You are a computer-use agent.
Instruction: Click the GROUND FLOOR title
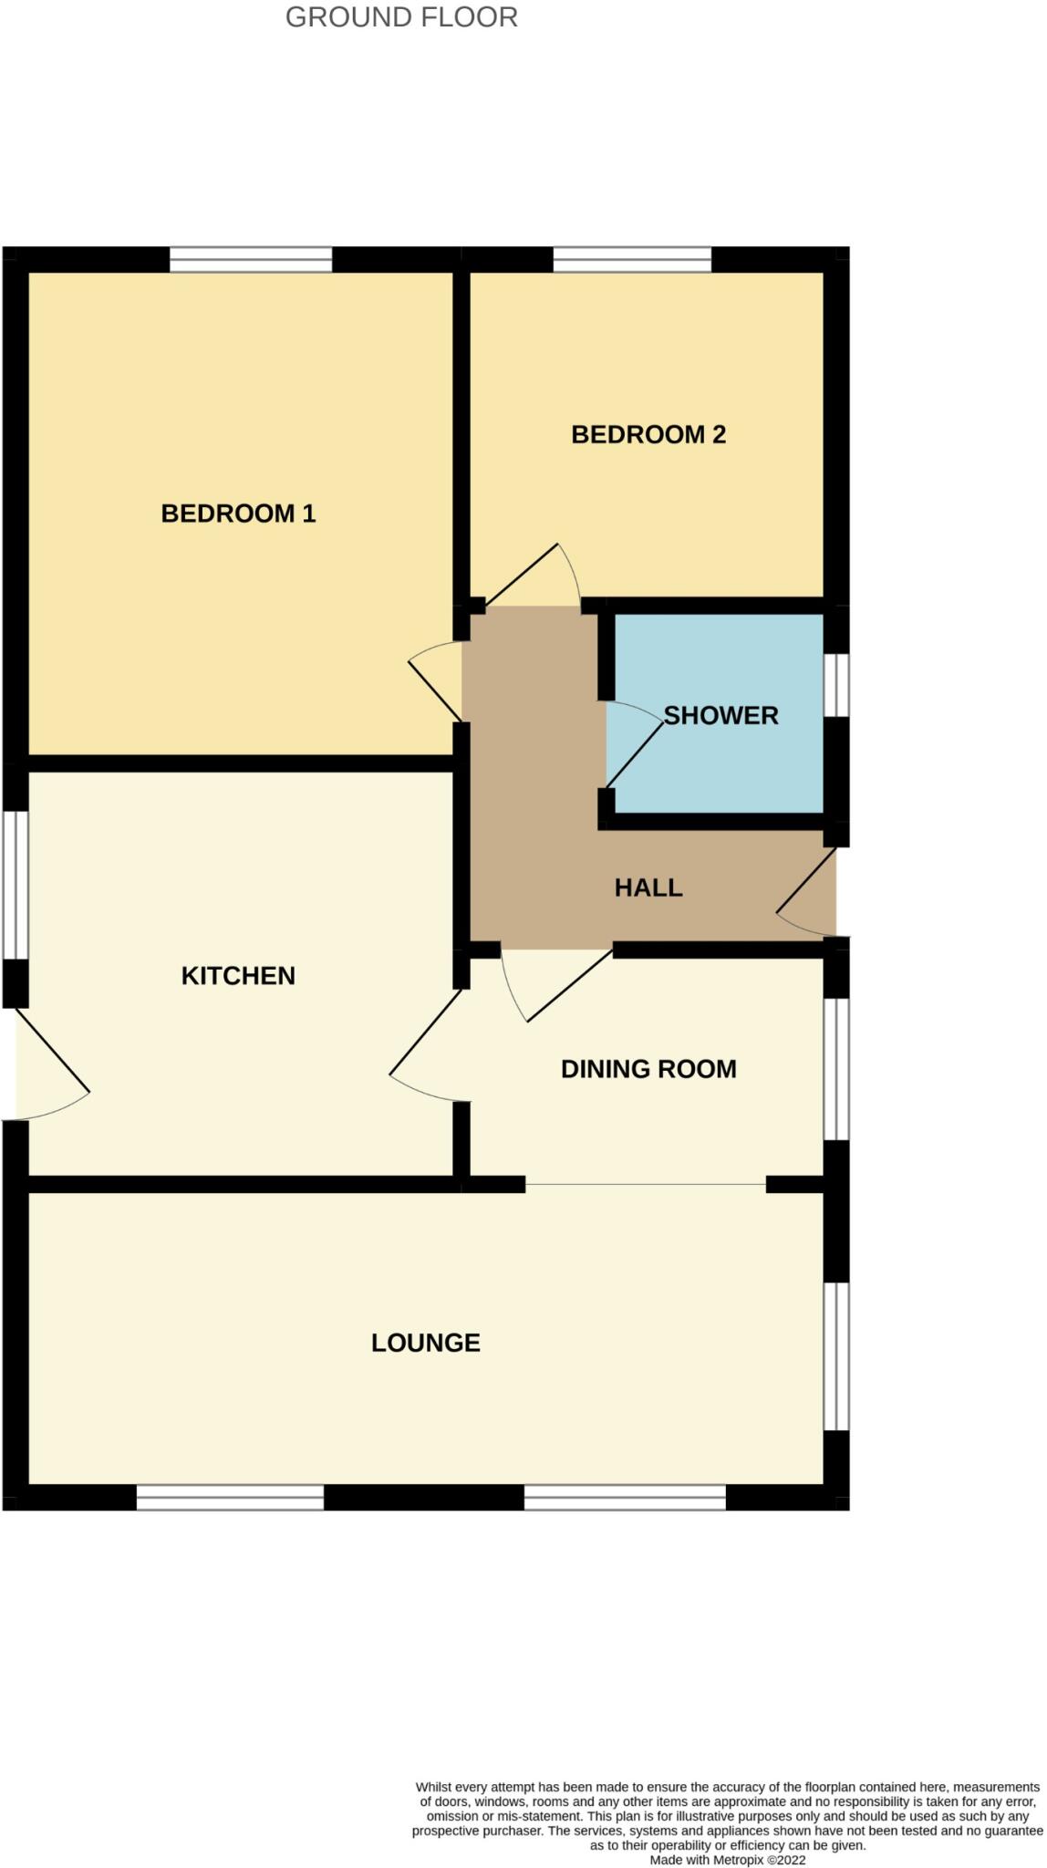tap(401, 17)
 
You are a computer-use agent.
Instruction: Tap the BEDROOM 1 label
tap(238, 514)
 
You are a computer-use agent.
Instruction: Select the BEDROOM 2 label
tap(648, 434)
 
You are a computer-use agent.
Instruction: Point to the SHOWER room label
tap(720, 715)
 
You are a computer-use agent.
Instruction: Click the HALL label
tap(648, 887)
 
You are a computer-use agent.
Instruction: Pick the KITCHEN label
tap(238, 976)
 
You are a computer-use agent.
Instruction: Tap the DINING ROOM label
tap(648, 1069)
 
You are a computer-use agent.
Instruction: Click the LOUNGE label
tap(425, 1343)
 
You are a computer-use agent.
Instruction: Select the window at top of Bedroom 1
tap(251, 260)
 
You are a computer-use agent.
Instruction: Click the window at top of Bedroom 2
tap(632, 260)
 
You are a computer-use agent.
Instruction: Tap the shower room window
tap(836, 685)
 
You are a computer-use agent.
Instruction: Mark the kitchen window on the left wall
tap(15, 884)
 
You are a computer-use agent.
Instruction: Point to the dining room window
tap(836, 1069)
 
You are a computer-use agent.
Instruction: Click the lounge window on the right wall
tap(836, 1356)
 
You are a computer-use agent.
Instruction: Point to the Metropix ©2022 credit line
tap(727, 1860)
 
